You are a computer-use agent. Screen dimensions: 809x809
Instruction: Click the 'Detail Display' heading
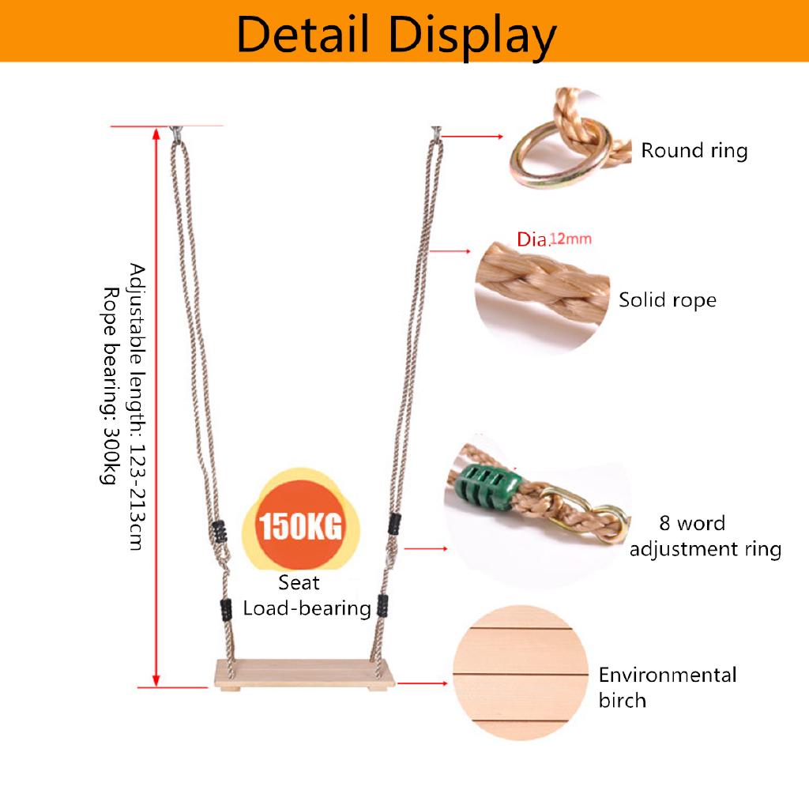click(x=397, y=35)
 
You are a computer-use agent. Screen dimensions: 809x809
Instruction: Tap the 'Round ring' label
click(x=694, y=151)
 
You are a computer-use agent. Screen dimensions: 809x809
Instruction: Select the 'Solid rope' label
click(x=668, y=299)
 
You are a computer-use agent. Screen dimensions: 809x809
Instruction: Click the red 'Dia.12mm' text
click(x=554, y=239)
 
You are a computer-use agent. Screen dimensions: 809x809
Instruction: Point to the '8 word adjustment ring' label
click(x=706, y=536)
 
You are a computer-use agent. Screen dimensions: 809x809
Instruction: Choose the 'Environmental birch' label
click(x=668, y=687)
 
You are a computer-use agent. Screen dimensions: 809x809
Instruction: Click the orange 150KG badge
click(x=300, y=525)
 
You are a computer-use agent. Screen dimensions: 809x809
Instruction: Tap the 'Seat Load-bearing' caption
click(x=307, y=596)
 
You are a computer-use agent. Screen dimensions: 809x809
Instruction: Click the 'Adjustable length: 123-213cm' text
click(x=137, y=407)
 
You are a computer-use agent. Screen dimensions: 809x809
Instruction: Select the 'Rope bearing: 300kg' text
click(x=109, y=386)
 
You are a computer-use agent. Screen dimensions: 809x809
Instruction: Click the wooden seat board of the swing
click(x=305, y=673)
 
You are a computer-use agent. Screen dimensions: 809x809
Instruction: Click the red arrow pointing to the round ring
click(x=472, y=136)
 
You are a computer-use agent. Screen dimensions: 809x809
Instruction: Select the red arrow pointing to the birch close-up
click(x=423, y=683)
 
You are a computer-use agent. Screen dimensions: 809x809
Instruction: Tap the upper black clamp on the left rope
click(x=220, y=532)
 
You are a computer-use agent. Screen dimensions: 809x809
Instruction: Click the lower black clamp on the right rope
click(x=383, y=606)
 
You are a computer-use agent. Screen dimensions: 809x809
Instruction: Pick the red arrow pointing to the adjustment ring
click(x=426, y=548)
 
